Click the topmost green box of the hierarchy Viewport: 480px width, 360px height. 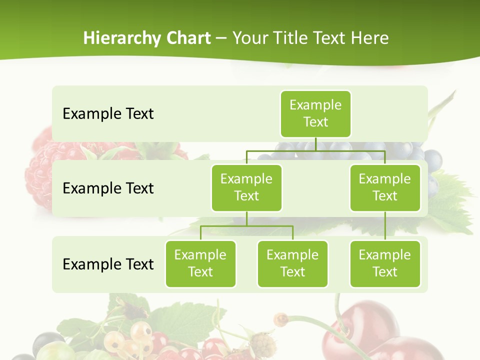click(315, 113)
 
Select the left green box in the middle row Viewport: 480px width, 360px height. click(246, 187)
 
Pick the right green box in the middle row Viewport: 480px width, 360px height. click(385, 187)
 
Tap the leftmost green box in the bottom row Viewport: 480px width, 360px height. click(200, 263)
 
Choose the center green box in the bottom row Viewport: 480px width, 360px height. click(292, 263)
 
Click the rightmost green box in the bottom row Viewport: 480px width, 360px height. click(385, 263)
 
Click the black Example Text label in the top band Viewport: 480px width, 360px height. click(108, 114)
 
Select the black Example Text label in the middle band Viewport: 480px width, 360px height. click(108, 188)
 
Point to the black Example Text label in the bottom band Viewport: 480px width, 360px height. click(108, 264)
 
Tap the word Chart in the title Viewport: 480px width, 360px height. click(189, 38)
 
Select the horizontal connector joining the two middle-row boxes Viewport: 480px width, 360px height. click(315, 150)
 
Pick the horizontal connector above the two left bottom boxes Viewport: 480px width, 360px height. click(246, 226)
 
